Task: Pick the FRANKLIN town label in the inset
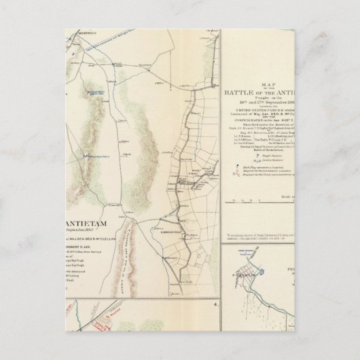(x=260, y=275)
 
